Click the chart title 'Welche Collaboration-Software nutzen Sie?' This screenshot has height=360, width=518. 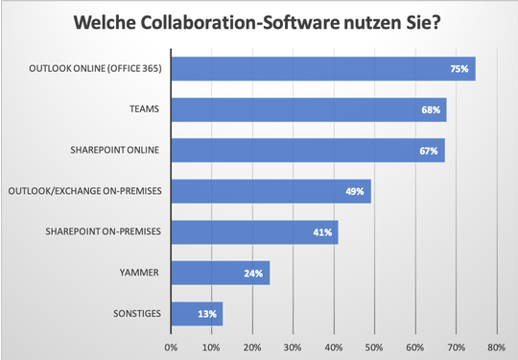click(x=259, y=21)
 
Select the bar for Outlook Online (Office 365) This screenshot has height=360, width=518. click(x=322, y=69)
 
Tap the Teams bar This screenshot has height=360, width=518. click(x=308, y=110)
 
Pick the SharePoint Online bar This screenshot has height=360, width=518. click(x=307, y=151)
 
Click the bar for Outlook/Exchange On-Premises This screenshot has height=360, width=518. click(x=271, y=192)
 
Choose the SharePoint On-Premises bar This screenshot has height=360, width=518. click(x=254, y=232)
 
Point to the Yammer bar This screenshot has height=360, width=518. click(x=220, y=273)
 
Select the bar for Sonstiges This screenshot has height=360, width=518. click(x=197, y=313)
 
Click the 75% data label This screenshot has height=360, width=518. click(x=460, y=69)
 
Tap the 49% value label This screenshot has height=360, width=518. click(x=355, y=192)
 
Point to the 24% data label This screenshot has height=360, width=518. click(x=254, y=273)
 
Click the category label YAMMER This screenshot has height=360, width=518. click(x=141, y=273)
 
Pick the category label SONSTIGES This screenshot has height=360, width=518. click(x=135, y=313)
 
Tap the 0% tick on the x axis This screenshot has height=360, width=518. click(x=171, y=348)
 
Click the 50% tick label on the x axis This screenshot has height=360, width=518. click(x=374, y=348)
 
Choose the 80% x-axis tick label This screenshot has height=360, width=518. click(x=496, y=348)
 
